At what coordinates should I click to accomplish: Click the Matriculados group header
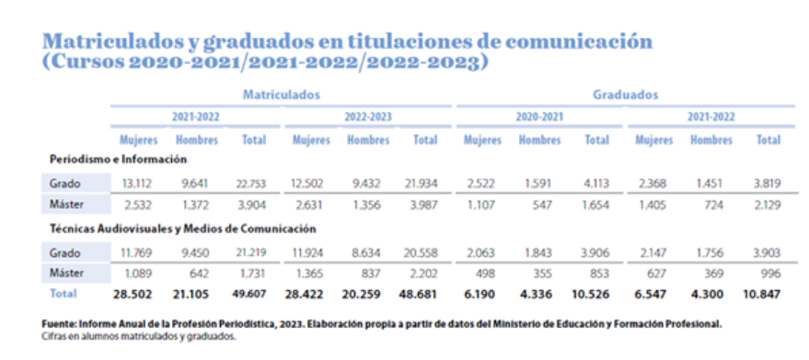click(x=282, y=95)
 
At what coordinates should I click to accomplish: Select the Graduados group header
click(x=625, y=95)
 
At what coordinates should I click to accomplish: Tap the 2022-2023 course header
click(x=368, y=117)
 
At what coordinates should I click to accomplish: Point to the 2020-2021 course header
click(x=539, y=117)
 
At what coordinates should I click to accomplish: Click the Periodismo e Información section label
click(x=118, y=159)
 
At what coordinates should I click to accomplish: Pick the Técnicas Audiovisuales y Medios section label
click(x=182, y=228)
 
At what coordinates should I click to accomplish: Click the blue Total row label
click(x=63, y=294)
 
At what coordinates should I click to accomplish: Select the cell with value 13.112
click(x=137, y=183)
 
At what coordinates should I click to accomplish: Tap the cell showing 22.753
click(x=249, y=183)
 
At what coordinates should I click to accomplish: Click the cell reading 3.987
click(x=423, y=204)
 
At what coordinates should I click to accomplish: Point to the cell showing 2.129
click(x=766, y=204)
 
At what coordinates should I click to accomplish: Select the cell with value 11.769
click(x=137, y=253)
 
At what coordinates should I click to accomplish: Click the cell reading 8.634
click(x=366, y=253)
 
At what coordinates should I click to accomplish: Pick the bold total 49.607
click(x=249, y=294)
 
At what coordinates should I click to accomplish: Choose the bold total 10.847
click(x=761, y=295)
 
